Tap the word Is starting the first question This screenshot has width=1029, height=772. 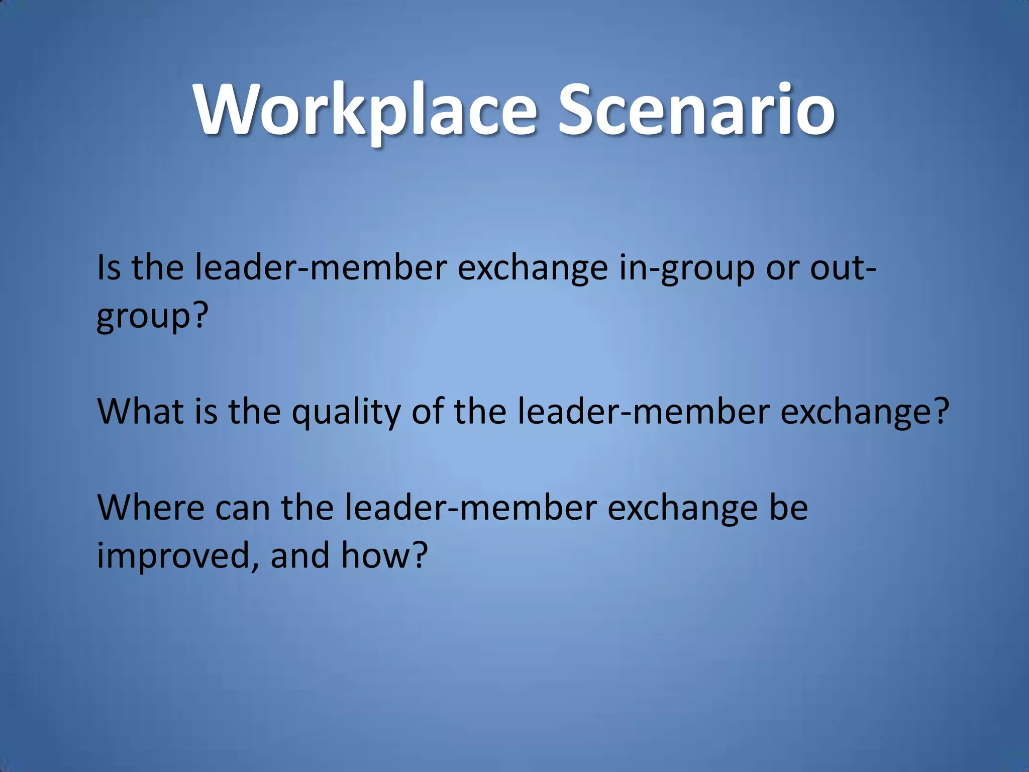109,267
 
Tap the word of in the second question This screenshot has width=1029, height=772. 427,411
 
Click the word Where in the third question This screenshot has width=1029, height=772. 150,507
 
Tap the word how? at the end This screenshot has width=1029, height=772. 384,555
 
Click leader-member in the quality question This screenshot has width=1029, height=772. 643,411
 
